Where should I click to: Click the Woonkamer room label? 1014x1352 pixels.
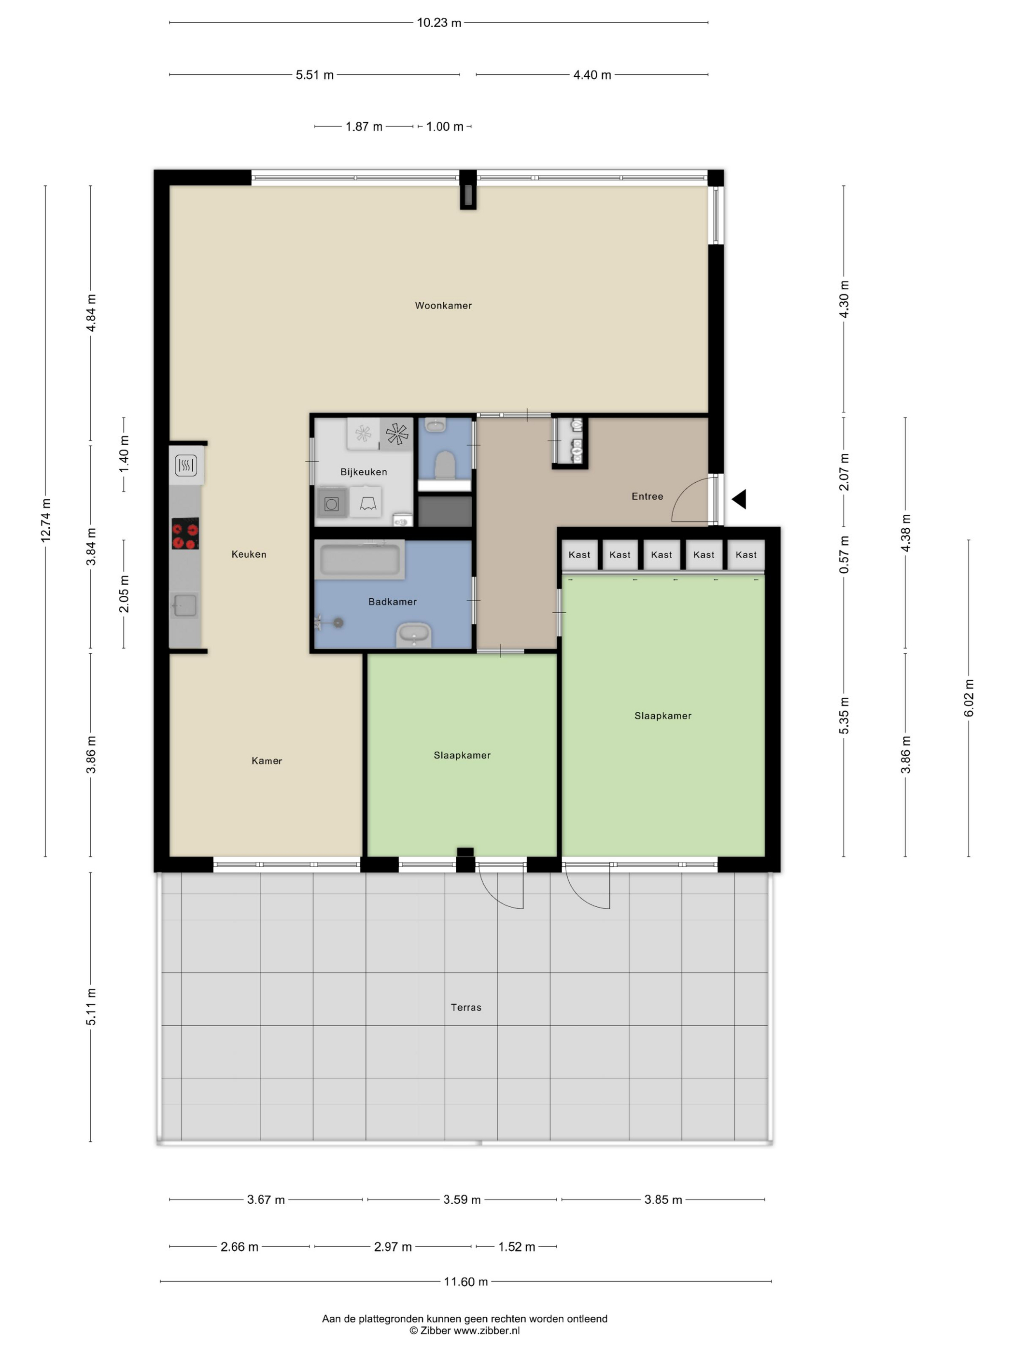coord(443,306)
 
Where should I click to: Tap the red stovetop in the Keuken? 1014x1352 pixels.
coord(185,534)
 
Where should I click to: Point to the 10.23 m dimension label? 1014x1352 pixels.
coord(439,23)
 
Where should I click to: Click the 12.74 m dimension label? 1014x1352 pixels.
coord(46,520)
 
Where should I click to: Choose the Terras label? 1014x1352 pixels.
coord(466,1007)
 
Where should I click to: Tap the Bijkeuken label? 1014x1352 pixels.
coord(364,472)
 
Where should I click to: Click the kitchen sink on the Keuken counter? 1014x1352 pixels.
coord(184,606)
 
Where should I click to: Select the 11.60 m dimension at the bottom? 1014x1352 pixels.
coord(466,1282)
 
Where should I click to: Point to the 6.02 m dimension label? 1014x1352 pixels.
coord(969,698)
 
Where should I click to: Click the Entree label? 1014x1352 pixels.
coord(648,496)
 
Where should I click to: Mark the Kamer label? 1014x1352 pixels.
coord(267,761)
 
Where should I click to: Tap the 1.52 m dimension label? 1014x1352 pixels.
coord(517,1247)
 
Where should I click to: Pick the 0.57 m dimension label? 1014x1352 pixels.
coord(844,554)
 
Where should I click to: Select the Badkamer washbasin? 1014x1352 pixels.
coord(414,635)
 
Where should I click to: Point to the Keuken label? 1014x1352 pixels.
coord(249,554)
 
